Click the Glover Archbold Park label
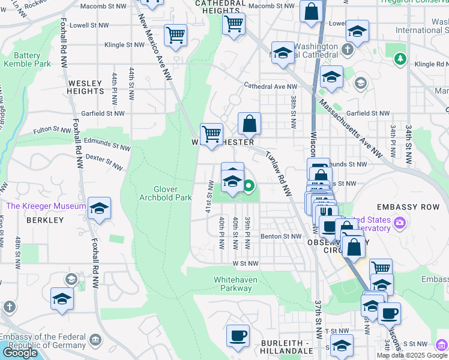[x=165, y=193]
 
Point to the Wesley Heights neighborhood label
[x=86, y=87]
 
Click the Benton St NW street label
[x=281, y=236]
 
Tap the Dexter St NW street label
[x=100, y=160]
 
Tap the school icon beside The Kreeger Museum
[x=100, y=208]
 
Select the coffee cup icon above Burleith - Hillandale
[x=238, y=335]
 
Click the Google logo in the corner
[x=20, y=353]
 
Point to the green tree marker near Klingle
[x=400, y=59]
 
